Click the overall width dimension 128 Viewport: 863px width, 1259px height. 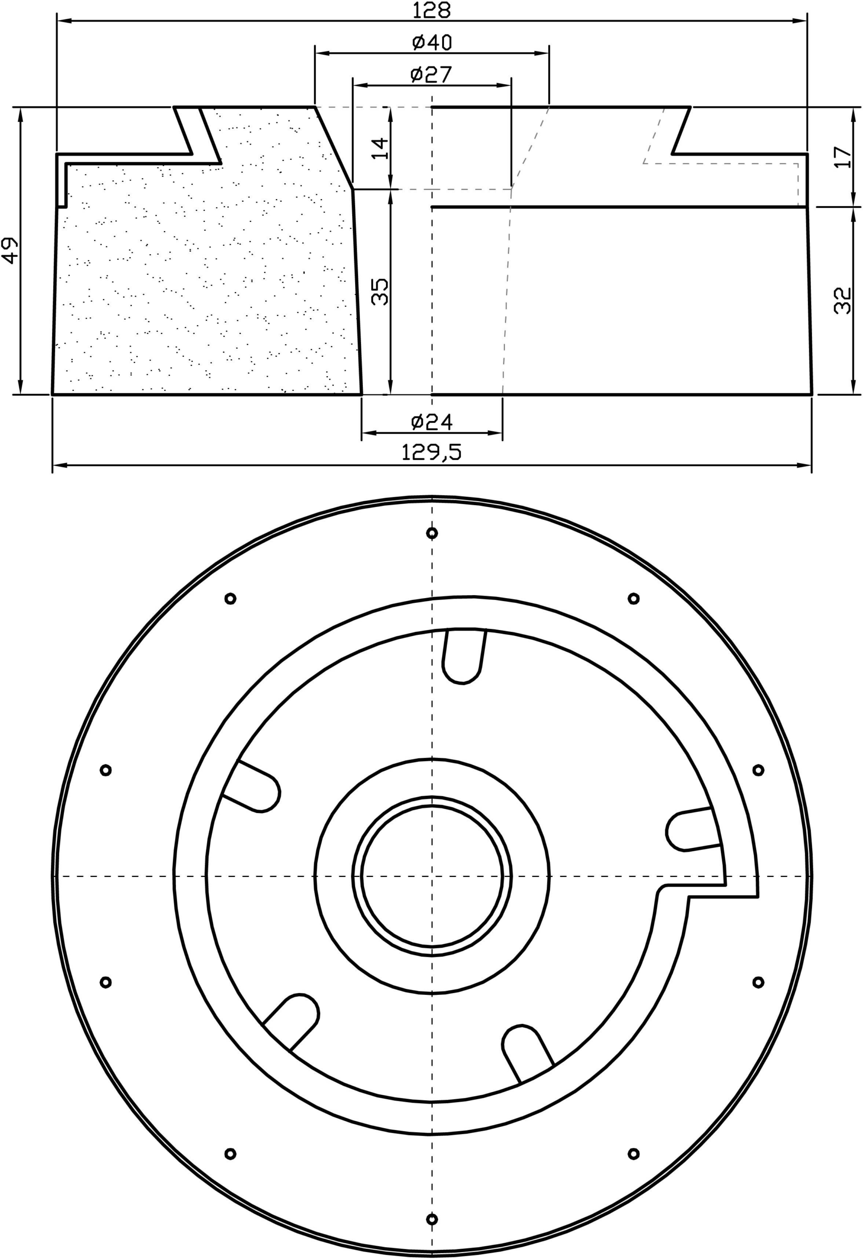pyautogui.click(x=431, y=10)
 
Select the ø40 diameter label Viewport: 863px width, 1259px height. pyautogui.click(x=431, y=42)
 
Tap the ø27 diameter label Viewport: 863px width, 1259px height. pyautogui.click(x=431, y=74)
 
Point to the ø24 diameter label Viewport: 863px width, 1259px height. pyautogui.click(x=432, y=421)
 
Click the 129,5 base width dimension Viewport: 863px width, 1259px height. pyautogui.click(x=432, y=452)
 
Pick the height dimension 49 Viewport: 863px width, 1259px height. pyautogui.click(x=10, y=250)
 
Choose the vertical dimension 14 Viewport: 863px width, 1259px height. pyautogui.click(x=381, y=149)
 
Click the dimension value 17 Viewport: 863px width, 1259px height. pyautogui.click(x=843, y=157)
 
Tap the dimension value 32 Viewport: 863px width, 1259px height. pyautogui.click(x=843, y=300)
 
